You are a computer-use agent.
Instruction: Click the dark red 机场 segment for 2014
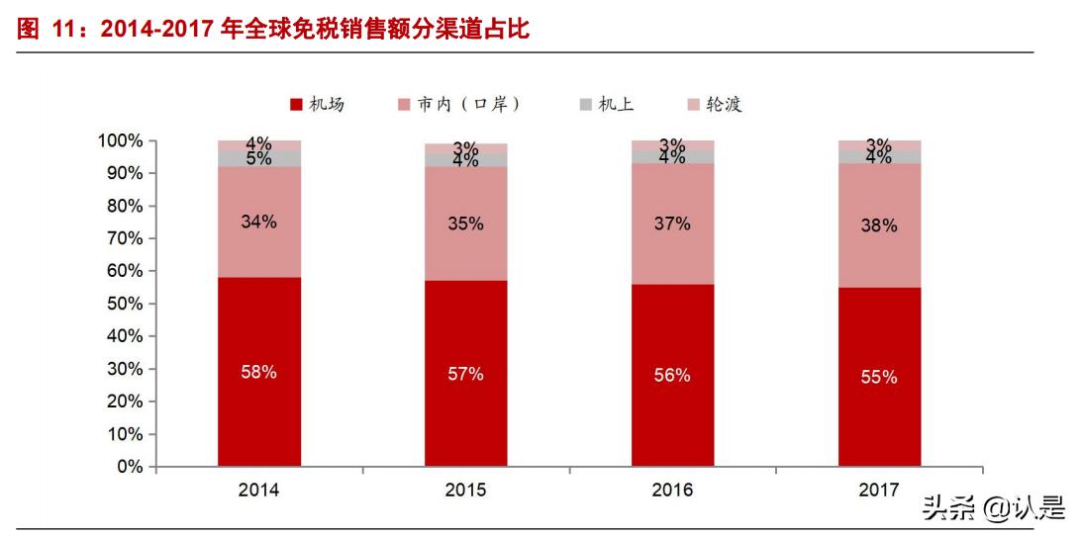point(259,415)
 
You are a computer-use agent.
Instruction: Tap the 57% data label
point(465,374)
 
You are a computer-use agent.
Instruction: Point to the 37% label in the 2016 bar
point(672,224)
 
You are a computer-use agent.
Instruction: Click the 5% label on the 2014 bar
point(259,158)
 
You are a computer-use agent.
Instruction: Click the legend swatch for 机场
point(295,105)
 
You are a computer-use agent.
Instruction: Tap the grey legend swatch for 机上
point(585,105)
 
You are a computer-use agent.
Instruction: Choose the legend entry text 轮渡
point(724,105)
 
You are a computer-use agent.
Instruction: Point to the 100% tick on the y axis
point(120,141)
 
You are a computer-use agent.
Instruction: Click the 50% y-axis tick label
point(124,304)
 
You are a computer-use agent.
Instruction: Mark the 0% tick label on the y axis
point(130,467)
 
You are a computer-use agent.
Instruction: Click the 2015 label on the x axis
point(465,491)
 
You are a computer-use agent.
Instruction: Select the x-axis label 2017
point(879,491)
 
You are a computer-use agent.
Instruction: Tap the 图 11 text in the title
point(47,30)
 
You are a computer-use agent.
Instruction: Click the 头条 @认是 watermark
point(993,508)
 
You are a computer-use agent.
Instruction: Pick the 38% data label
point(879,225)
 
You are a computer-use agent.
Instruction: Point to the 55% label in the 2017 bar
point(879,377)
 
